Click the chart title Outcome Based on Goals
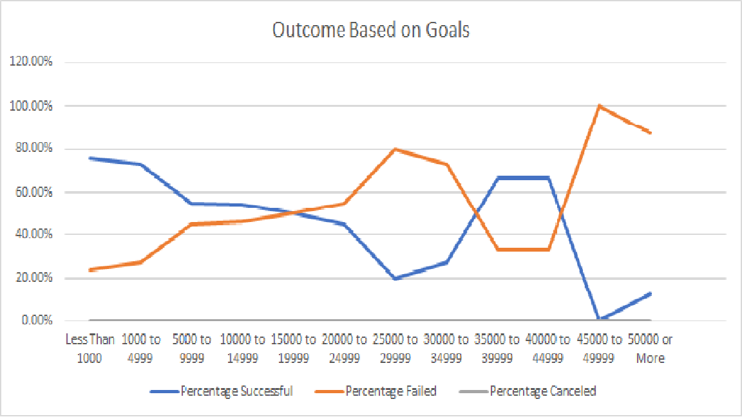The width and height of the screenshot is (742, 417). (370, 30)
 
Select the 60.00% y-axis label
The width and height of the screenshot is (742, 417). (32, 192)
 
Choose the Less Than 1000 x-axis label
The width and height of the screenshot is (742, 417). (90, 348)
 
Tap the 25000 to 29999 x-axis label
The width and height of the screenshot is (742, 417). (395, 348)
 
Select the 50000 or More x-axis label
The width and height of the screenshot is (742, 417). (651, 348)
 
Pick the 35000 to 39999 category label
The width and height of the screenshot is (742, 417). (497, 348)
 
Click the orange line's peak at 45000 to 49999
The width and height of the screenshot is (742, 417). (600, 106)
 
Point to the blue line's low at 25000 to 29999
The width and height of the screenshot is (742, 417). (395, 278)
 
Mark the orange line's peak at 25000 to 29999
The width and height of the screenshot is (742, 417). (395, 149)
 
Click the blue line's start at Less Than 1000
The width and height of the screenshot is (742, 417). (90, 158)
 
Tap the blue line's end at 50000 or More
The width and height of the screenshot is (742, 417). (651, 293)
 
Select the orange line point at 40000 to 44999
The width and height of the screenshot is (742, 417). (549, 249)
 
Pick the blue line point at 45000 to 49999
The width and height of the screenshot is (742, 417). (600, 320)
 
